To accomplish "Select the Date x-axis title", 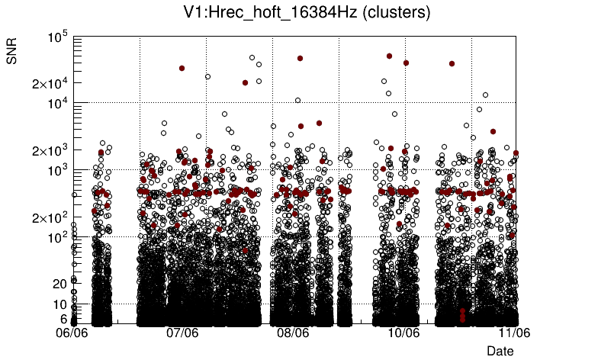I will [x=500, y=350].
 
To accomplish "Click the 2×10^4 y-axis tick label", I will [x=50, y=83].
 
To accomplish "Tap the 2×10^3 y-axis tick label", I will [x=50, y=150].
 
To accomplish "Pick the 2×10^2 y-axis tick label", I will [x=50, y=218].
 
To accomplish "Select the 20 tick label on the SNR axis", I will [x=60, y=284].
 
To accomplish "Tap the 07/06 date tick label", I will [x=182, y=333].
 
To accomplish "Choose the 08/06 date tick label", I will [x=293, y=333].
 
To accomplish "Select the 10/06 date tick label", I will [x=404, y=333].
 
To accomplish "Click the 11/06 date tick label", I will [x=515, y=333].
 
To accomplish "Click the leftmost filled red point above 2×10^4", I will [x=182, y=68].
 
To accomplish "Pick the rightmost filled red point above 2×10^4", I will [x=452, y=64].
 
